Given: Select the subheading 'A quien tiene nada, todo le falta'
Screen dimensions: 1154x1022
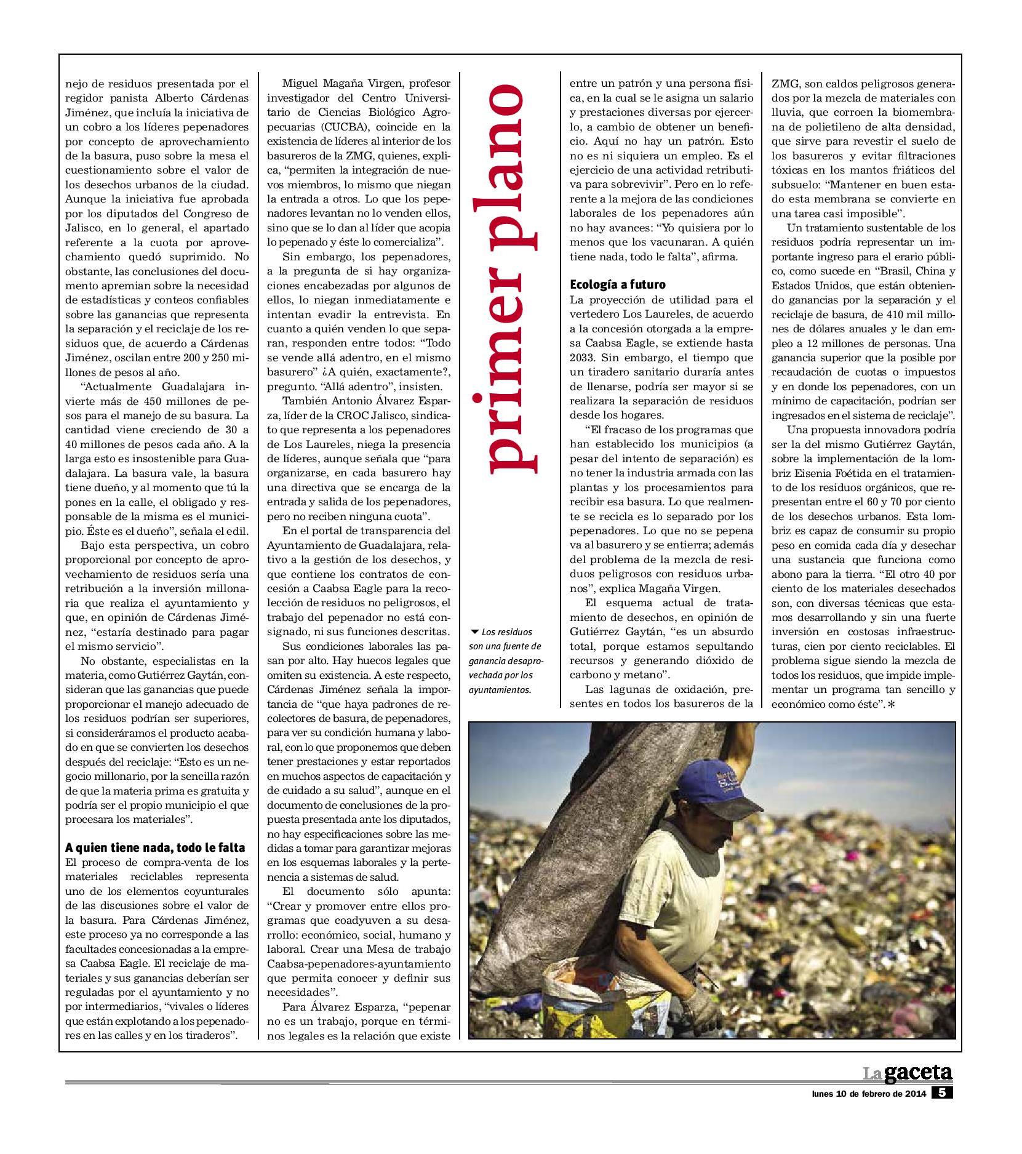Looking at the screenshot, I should [155, 847].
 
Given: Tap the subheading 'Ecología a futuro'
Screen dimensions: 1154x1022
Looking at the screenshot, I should [618, 285].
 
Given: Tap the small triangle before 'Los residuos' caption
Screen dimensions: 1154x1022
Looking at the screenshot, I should [474, 631].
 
